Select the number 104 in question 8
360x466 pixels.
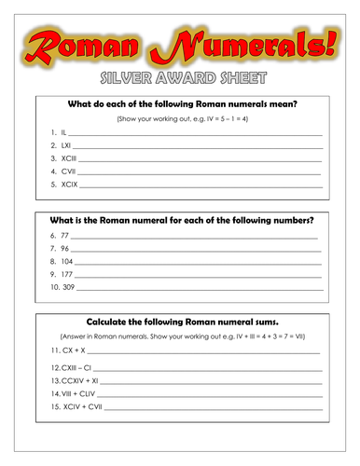pos(67,263)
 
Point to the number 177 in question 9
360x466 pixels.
pos(67,276)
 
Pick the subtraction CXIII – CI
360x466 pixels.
pos(79,370)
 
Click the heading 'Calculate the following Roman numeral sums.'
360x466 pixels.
pos(179,320)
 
